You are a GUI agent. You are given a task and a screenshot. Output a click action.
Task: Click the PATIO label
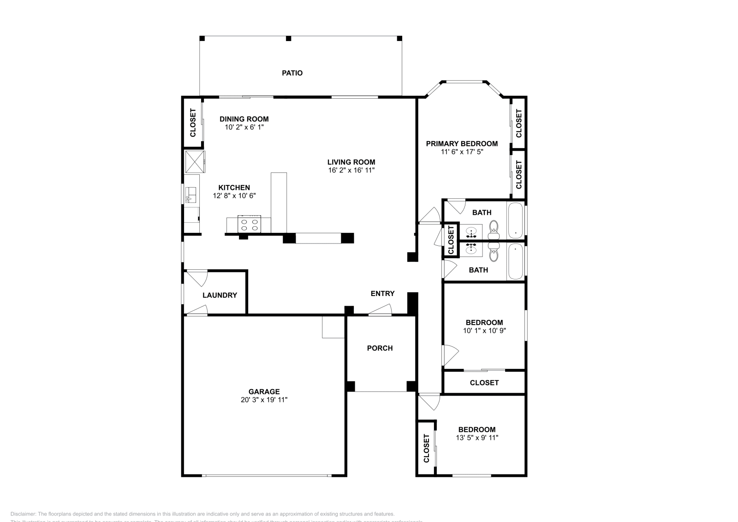pyautogui.click(x=292, y=73)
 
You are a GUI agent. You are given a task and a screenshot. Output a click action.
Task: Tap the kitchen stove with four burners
pyautogui.click(x=249, y=224)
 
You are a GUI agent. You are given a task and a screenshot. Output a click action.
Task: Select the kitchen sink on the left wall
pyautogui.click(x=191, y=195)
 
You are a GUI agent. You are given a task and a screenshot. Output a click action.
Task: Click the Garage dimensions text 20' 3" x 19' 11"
pyautogui.click(x=264, y=400)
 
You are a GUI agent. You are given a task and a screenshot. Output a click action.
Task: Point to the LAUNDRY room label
pyautogui.click(x=220, y=295)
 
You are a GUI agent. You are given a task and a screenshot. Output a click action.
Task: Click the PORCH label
pyautogui.click(x=380, y=348)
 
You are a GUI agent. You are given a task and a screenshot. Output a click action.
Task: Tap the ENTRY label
pyautogui.click(x=382, y=293)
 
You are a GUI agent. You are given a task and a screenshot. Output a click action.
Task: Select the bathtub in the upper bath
pyautogui.click(x=515, y=220)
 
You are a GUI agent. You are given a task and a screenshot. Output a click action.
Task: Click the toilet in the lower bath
pyautogui.click(x=494, y=253)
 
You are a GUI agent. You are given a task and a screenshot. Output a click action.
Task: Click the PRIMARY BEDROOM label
pyautogui.click(x=461, y=143)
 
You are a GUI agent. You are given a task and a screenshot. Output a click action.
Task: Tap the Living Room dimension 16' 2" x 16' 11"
pyautogui.click(x=351, y=170)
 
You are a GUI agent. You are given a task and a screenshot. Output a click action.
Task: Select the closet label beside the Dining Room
pyautogui.click(x=193, y=123)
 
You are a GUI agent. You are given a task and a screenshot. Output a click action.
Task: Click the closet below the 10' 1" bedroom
pyautogui.click(x=484, y=383)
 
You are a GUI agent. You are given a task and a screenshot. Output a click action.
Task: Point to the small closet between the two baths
pyautogui.click(x=451, y=239)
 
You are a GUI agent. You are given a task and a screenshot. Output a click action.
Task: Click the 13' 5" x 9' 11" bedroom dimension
pyautogui.click(x=476, y=438)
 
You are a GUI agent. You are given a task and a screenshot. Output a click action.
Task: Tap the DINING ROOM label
pyautogui.click(x=244, y=119)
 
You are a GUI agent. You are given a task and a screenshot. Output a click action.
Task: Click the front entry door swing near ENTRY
pyautogui.click(x=381, y=310)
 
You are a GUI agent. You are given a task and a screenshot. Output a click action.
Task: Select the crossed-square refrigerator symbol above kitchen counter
pyautogui.click(x=195, y=161)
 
